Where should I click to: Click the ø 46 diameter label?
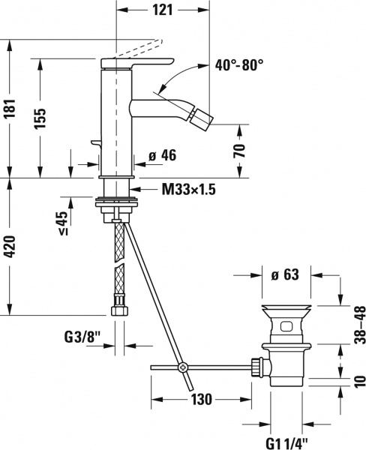(161, 156)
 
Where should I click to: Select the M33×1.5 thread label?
(188, 190)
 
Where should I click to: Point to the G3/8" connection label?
(79, 346)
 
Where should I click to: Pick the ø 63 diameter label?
(285, 274)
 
